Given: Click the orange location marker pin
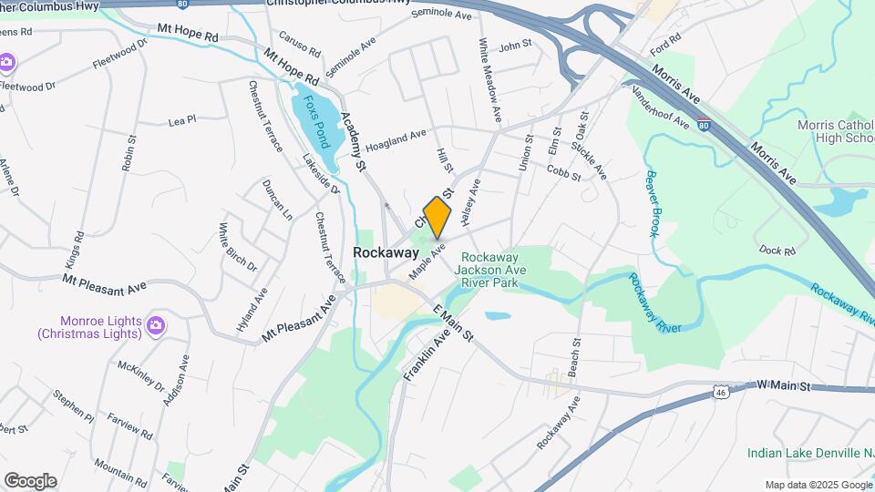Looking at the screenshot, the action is click(x=437, y=217).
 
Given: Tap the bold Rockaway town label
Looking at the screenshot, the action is click(x=386, y=253).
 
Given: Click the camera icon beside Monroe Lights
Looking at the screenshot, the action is click(x=156, y=324).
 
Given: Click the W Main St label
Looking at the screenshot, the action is click(x=784, y=386).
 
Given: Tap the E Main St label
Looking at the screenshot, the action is click(x=453, y=323).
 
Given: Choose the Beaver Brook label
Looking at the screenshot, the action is click(x=653, y=203).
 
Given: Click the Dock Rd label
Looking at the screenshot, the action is click(x=777, y=249).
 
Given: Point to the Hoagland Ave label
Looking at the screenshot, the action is click(x=396, y=139).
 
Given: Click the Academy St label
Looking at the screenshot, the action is click(x=352, y=141).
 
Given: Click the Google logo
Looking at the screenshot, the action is click(x=30, y=480).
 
